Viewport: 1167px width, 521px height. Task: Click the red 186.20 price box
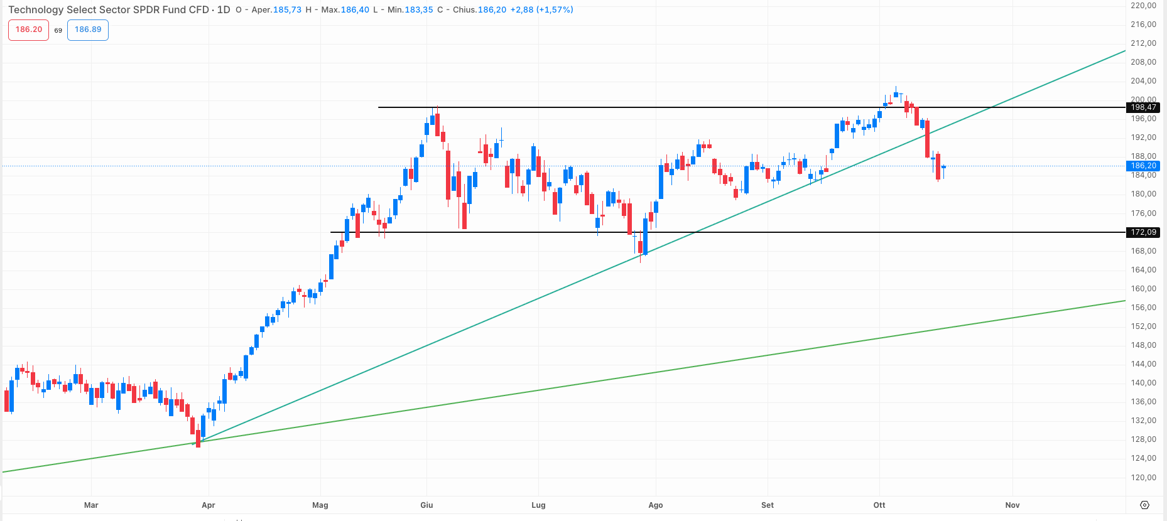pos(28,30)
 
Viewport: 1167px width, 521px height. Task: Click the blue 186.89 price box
pos(88,30)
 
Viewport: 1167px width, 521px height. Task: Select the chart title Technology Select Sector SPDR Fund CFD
pos(109,9)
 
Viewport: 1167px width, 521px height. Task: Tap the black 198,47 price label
pos(1143,107)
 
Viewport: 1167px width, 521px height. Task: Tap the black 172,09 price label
pos(1143,232)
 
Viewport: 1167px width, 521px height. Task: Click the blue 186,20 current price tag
pos(1143,166)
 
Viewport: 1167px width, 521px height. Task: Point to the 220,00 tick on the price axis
pos(1143,5)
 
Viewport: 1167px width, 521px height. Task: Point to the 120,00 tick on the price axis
pos(1143,477)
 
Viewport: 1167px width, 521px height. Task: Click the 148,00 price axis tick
pos(1143,345)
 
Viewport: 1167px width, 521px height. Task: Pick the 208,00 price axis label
pos(1143,62)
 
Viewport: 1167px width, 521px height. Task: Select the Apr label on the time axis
pos(209,505)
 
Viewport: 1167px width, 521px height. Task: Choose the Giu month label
pos(426,505)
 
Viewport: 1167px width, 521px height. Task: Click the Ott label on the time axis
pos(879,505)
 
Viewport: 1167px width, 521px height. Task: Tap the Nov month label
pos(1012,505)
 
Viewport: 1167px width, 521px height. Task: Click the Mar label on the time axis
pos(91,505)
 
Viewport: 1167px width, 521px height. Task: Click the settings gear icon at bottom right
pos(1144,505)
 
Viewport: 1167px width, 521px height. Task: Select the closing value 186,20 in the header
pos(492,9)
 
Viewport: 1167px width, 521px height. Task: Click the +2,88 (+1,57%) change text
pos(541,9)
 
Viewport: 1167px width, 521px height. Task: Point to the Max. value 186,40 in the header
pos(355,9)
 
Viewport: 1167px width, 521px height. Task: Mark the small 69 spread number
pos(58,30)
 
